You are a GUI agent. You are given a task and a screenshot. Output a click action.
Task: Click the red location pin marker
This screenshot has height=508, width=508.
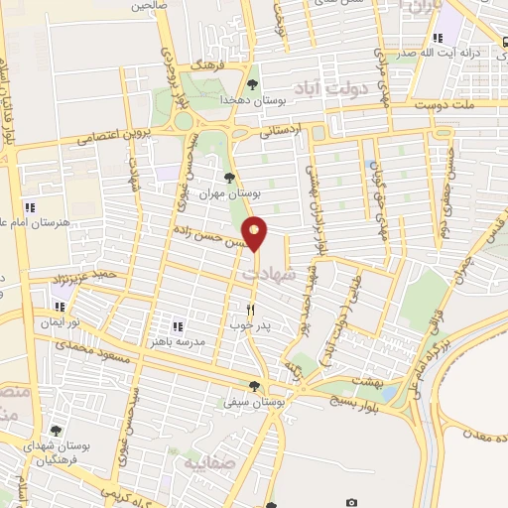tap(255, 233)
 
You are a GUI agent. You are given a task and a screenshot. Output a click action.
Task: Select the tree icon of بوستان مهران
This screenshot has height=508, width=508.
tap(230, 179)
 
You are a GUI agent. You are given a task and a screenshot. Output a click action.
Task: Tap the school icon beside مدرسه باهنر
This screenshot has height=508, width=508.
tap(178, 325)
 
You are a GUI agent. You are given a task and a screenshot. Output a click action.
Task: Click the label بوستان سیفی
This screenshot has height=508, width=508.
tap(281, 404)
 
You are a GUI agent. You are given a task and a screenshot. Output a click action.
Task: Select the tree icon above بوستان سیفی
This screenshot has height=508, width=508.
tap(255, 387)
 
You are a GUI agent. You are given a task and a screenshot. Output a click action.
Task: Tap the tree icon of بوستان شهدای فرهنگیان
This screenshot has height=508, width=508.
tap(55, 430)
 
